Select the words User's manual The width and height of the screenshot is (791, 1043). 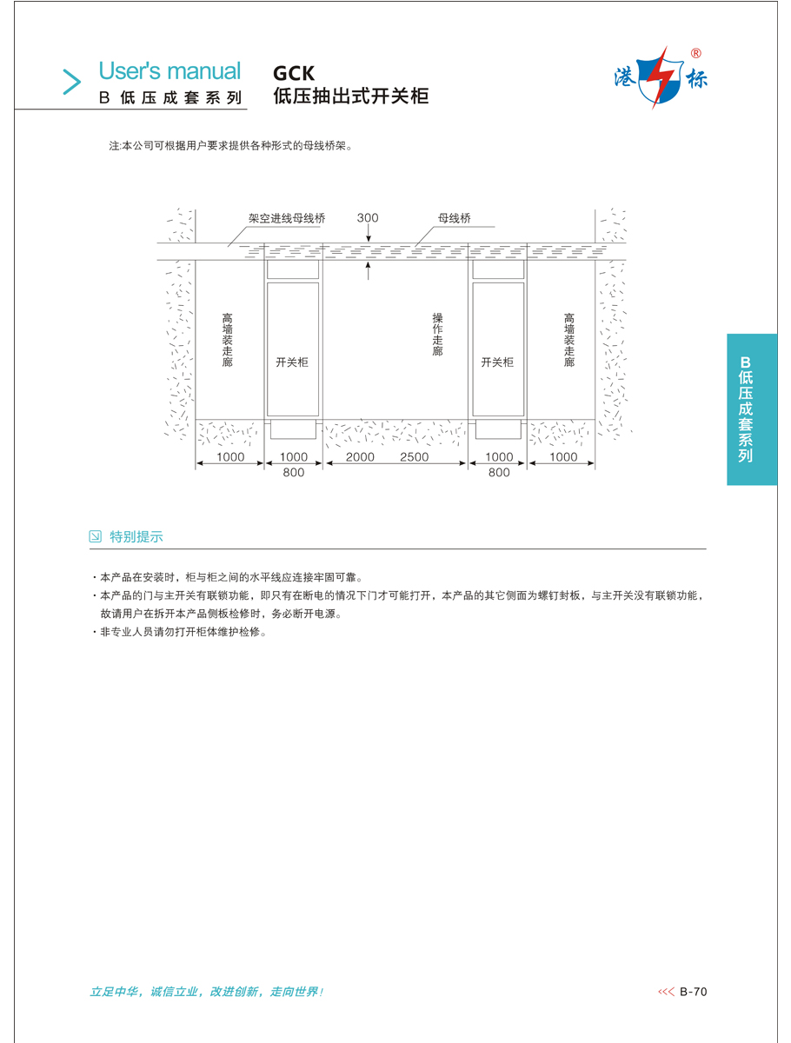tap(169, 70)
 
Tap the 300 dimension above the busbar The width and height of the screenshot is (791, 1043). tap(368, 219)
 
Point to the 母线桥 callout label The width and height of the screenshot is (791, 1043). tap(454, 219)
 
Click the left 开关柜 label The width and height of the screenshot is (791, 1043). tap(292, 362)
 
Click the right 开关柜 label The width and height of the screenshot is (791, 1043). tap(497, 362)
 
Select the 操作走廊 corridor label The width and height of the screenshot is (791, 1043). tap(438, 335)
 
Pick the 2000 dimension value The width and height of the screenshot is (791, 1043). tap(360, 457)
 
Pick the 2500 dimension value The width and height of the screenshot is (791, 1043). tap(415, 457)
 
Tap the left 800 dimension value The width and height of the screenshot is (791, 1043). tap(294, 473)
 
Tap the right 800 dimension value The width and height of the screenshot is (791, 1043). tap(499, 473)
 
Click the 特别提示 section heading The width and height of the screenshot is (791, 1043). tap(136, 536)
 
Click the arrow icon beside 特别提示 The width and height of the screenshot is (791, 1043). tap(96, 536)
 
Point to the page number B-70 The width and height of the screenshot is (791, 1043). tap(694, 991)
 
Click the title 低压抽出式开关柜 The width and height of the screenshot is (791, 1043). tap(350, 96)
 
